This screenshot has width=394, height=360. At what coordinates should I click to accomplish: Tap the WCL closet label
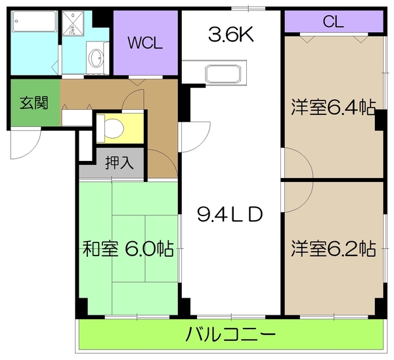tap(144, 44)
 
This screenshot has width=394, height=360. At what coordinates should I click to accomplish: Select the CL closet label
tap(333, 22)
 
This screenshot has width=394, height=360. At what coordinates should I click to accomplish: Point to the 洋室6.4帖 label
tap(333, 107)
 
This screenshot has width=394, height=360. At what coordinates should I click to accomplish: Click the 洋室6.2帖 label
tap(333, 249)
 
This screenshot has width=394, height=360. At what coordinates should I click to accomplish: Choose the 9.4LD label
tap(230, 214)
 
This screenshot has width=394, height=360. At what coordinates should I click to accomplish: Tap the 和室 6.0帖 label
tap(128, 250)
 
